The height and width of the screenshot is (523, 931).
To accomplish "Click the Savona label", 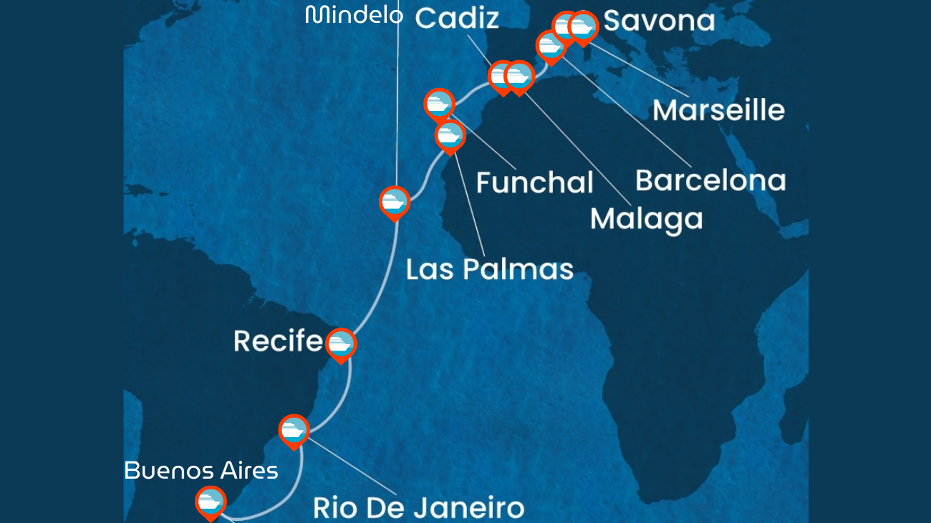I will pyautogui.click(x=659, y=21).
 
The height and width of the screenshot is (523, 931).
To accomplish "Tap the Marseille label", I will pyautogui.click(x=718, y=110).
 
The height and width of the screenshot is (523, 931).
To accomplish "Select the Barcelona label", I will pyautogui.click(x=710, y=180).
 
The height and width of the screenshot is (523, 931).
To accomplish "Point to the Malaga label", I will pyautogui.click(x=646, y=218).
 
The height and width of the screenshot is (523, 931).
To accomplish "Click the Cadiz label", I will pyautogui.click(x=457, y=19).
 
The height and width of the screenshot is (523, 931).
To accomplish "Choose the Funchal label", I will pyautogui.click(x=534, y=182).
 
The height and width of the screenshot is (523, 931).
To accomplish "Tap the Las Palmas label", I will pyautogui.click(x=490, y=269).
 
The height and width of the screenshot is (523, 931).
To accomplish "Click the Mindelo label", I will pyautogui.click(x=354, y=14).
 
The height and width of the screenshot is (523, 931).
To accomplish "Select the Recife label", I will pyautogui.click(x=278, y=341).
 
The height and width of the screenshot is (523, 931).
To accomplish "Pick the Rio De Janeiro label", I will pyautogui.click(x=418, y=508).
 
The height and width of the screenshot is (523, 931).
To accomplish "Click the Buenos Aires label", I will pyautogui.click(x=201, y=471).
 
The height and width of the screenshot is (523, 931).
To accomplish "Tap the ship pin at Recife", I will pyautogui.click(x=341, y=344).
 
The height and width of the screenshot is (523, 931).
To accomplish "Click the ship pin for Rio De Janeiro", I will pyautogui.click(x=294, y=430).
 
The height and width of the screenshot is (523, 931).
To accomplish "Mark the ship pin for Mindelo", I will pyautogui.click(x=395, y=202).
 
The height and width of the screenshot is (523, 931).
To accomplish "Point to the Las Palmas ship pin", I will pyautogui.click(x=450, y=136).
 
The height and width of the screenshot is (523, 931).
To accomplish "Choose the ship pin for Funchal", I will pyautogui.click(x=439, y=104).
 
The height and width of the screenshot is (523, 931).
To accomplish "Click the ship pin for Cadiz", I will pyautogui.click(x=502, y=76).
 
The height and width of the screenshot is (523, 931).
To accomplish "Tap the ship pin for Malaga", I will pyautogui.click(x=519, y=76).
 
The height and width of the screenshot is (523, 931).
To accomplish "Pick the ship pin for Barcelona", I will pyautogui.click(x=550, y=46).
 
